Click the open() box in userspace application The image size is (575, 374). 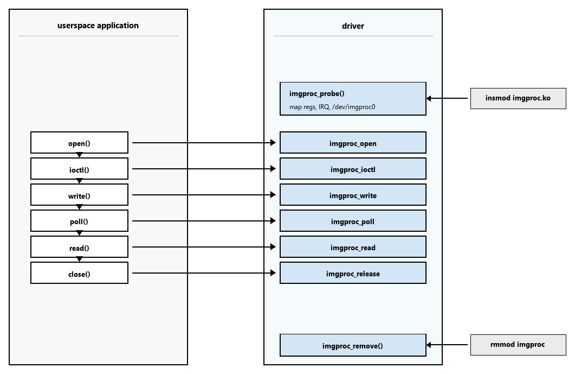pyautogui.click(x=79, y=143)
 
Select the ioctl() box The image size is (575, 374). pyautogui.click(x=79, y=169)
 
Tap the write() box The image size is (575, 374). pyautogui.click(x=79, y=195)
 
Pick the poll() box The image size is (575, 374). pyautogui.click(x=79, y=221)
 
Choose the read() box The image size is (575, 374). pyautogui.click(x=79, y=247)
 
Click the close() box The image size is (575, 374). pyautogui.click(x=79, y=273)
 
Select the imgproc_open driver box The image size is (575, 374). pyautogui.click(x=353, y=143)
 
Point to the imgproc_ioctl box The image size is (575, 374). pyautogui.click(x=353, y=169)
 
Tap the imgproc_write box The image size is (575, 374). pyautogui.click(x=353, y=195)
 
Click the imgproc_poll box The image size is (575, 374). pyautogui.click(x=353, y=221)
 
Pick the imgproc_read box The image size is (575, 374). pyautogui.click(x=353, y=247)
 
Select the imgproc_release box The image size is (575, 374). pyautogui.click(x=353, y=273)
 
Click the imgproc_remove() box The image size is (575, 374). pyautogui.click(x=353, y=345)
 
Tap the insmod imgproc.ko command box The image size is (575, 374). pyautogui.click(x=518, y=98)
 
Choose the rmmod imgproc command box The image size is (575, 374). pyautogui.click(x=518, y=345)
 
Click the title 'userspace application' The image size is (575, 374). pyautogui.click(x=98, y=26)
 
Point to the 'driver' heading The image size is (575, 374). pyautogui.click(x=353, y=26)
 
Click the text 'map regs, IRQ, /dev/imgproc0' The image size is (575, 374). pyautogui.click(x=332, y=107)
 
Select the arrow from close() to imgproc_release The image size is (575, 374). pyautogui.click(x=204, y=273)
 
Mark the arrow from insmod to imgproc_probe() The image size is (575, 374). pyautogui.click(x=447, y=98)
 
